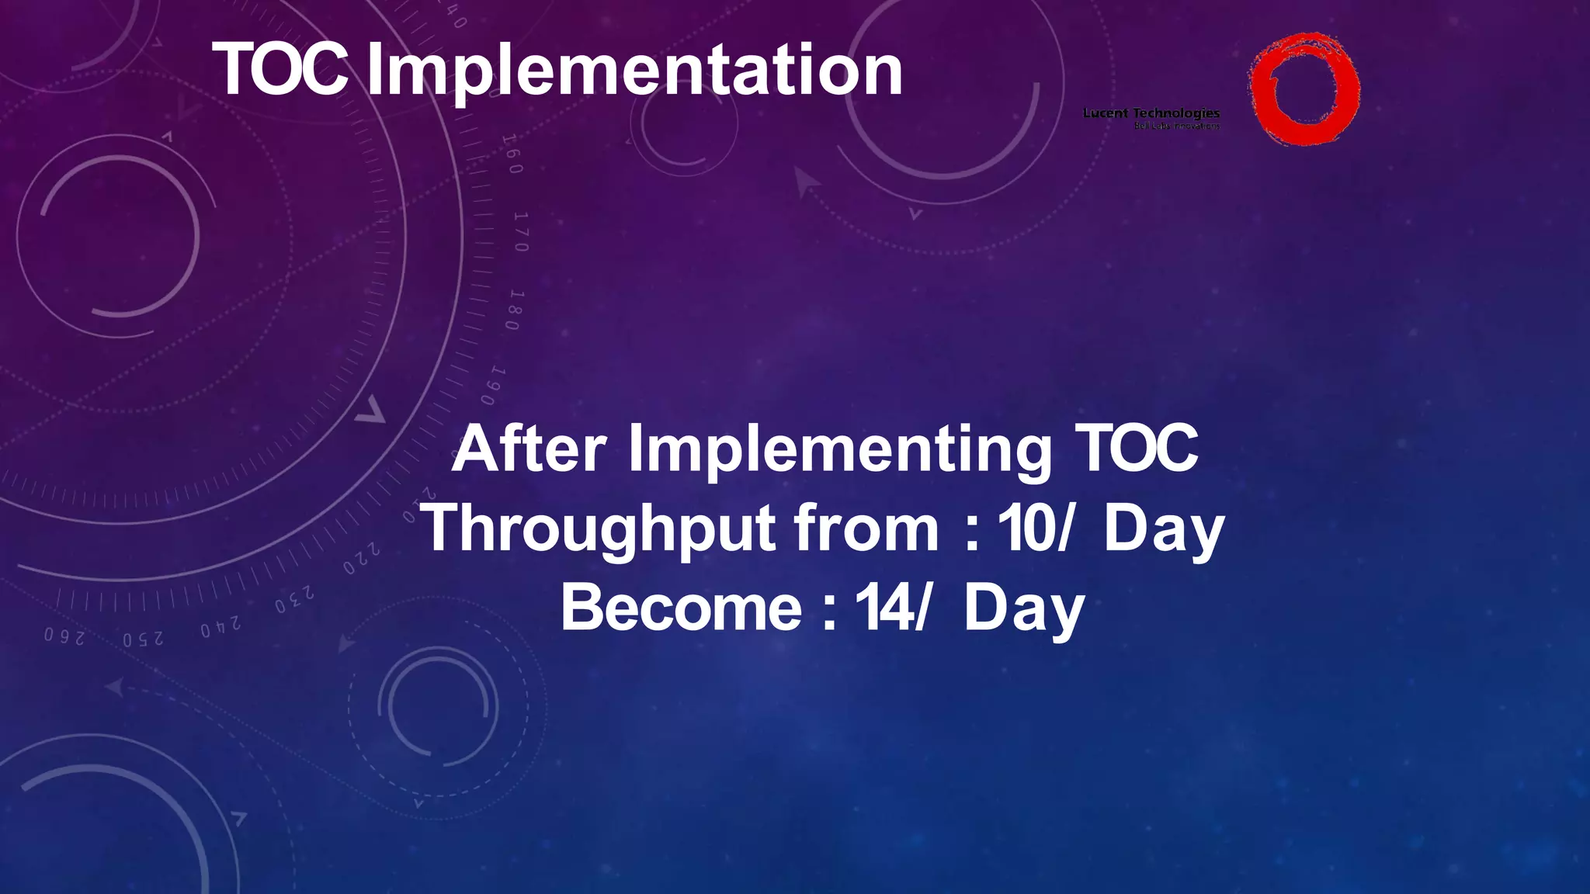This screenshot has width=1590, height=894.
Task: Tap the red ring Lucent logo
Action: tap(1304, 88)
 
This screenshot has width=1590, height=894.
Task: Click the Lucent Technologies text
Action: tap(1151, 113)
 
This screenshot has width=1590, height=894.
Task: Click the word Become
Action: tap(681, 609)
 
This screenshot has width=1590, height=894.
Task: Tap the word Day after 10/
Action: tap(1163, 529)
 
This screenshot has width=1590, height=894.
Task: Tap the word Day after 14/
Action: tap(1023, 609)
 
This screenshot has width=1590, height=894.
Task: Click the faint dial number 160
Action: tap(511, 154)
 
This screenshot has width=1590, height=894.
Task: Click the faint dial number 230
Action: tap(294, 601)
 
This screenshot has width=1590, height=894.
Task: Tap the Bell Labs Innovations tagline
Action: tap(1176, 126)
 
